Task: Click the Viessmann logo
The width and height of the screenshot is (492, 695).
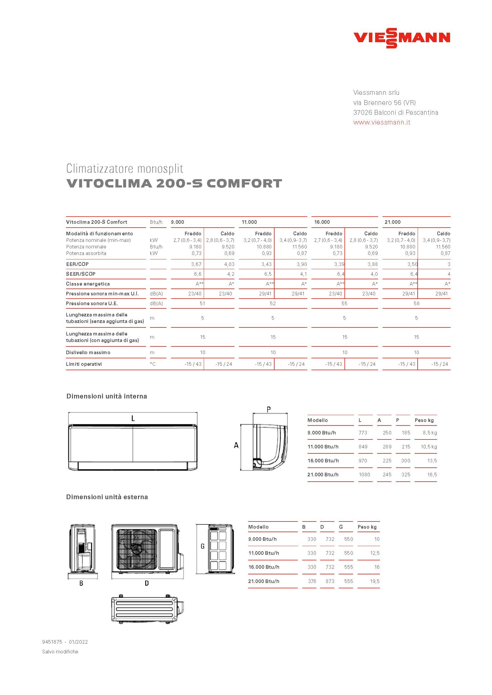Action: tap(402, 38)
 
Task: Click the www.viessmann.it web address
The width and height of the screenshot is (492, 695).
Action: tap(382, 122)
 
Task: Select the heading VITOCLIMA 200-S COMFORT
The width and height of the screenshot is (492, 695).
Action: tap(174, 183)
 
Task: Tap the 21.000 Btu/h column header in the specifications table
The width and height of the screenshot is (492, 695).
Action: tap(393, 222)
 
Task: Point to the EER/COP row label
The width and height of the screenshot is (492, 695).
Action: tap(78, 264)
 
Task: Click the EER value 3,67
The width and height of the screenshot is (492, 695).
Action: tap(196, 264)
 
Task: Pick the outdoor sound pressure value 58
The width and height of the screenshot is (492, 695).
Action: tap(416, 303)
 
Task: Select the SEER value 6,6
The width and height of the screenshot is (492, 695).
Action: tap(198, 274)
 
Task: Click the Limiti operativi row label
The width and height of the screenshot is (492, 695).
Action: tap(84, 364)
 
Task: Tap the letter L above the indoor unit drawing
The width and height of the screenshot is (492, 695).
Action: tap(133, 419)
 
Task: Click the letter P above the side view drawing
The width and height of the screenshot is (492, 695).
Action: tap(268, 409)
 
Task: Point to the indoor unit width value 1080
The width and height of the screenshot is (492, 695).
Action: tap(364, 475)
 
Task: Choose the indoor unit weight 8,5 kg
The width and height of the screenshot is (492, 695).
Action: tap(430, 433)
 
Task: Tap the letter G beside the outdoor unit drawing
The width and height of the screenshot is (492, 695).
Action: tap(203, 546)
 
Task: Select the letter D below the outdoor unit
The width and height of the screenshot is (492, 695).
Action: tap(147, 583)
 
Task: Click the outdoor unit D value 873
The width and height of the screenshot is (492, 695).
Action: tap(330, 581)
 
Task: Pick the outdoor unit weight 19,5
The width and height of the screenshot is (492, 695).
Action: tap(375, 581)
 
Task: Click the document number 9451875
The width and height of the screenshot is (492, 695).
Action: tap(52, 642)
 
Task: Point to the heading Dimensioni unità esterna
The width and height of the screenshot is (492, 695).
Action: tap(107, 497)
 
